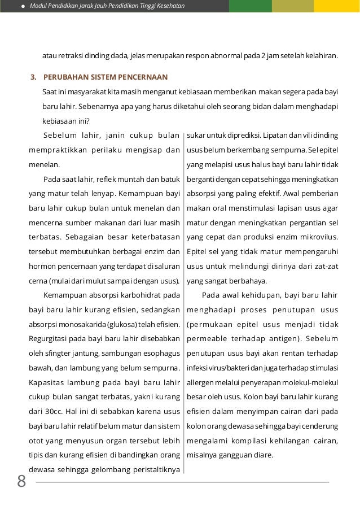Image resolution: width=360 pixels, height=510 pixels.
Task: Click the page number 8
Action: click(x=21, y=481)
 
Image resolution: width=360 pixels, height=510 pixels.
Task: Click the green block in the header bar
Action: click(x=250, y=6)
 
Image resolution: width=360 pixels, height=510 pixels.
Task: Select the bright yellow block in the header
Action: click(x=337, y=6)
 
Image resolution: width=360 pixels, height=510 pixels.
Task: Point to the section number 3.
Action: click(x=33, y=77)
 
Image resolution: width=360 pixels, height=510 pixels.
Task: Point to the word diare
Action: click(x=264, y=455)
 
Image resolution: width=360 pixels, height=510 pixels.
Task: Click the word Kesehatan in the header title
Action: click(x=169, y=6)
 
